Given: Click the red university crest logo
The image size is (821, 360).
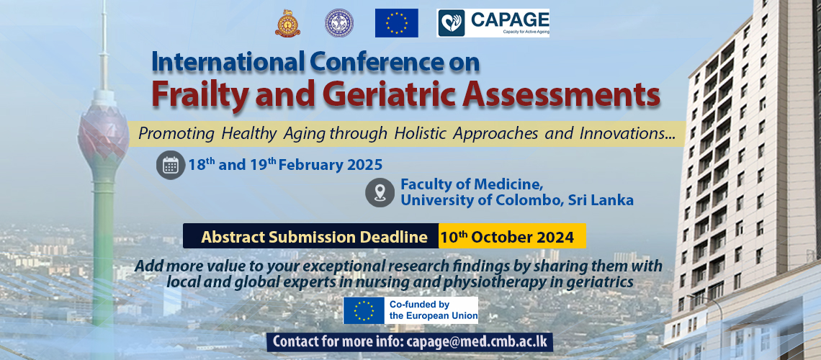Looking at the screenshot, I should click(287, 23).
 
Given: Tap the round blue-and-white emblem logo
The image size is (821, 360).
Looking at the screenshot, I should click(340, 23).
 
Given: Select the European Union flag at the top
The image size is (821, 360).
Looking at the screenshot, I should click(396, 23).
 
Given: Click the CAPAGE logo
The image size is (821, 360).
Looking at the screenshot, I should click(493, 23).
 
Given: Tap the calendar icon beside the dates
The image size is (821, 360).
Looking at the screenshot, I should click(171, 166).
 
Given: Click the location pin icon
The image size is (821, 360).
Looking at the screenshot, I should click(380, 192).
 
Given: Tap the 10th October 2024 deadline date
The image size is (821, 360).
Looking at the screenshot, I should click(508, 236).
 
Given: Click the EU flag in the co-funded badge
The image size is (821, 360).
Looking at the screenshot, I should click(364, 310).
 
